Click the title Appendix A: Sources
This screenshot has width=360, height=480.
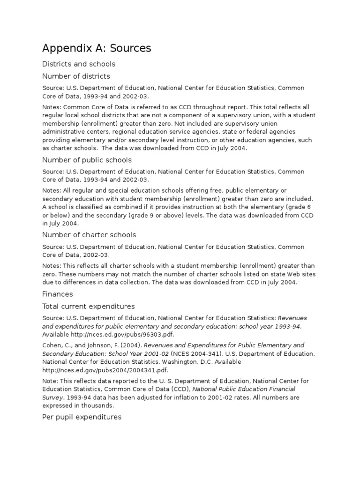97,48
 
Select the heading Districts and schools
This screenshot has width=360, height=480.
79,64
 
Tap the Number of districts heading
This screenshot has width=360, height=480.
76,76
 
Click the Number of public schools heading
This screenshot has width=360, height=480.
87,160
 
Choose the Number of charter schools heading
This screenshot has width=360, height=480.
89,234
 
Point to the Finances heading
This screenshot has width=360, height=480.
57,294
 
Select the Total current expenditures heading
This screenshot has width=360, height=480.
88,306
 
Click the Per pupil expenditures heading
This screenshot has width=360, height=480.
82,417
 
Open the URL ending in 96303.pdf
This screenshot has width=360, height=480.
113,334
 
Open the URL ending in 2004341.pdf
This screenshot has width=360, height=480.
90,370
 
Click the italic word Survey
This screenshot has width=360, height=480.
53,397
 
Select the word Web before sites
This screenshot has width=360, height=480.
285,275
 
